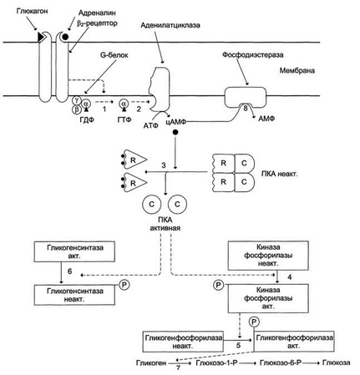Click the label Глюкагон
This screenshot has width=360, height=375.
(33, 12)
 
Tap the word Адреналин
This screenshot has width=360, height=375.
(97, 13)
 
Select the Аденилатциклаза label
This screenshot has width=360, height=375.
(170, 25)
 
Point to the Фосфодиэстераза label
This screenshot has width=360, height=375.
(253, 54)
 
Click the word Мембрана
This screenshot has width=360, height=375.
(297, 70)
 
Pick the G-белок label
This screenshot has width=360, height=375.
(114, 55)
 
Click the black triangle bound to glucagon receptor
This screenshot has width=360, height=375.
(42, 37)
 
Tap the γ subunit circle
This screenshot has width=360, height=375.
(76, 100)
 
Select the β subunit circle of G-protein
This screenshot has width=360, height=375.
(76, 109)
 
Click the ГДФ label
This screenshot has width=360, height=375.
(87, 119)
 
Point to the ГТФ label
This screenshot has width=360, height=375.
(124, 119)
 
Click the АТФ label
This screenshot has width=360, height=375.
(151, 125)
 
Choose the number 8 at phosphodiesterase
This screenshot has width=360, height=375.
(246, 108)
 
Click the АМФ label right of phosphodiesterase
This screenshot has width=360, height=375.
(266, 119)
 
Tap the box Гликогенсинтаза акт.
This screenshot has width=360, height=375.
(74, 251)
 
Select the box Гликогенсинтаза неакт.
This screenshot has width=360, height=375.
(74, 295)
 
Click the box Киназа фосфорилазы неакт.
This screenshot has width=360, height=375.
(268, 256)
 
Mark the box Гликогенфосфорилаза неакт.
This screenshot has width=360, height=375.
(183, 342)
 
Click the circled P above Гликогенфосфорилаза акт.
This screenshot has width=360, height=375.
(254, 322)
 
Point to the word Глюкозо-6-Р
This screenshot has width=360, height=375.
(281, 362)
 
